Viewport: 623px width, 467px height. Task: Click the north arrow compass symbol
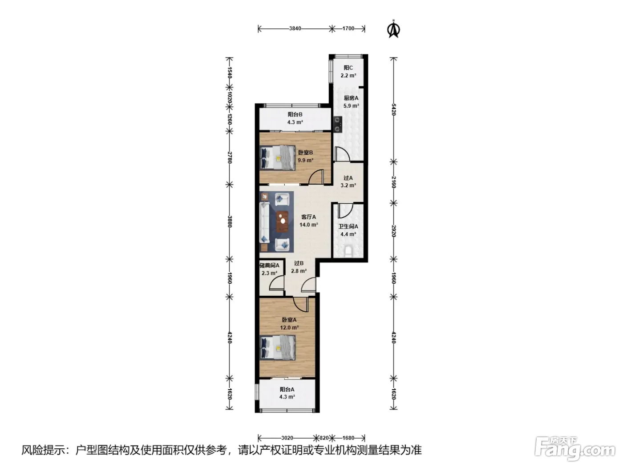393,29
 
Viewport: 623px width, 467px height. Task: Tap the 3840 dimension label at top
295,28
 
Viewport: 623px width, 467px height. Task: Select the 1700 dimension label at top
348,28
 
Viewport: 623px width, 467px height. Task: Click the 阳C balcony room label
348,68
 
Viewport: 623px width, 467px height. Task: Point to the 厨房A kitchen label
351,98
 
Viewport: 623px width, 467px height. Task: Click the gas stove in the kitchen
337,125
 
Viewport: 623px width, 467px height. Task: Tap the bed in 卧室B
278,157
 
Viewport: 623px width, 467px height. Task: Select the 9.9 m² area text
305,160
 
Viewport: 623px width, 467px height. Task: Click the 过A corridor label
348,178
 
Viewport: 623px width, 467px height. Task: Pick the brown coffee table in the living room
282,221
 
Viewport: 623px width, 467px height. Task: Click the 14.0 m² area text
308,225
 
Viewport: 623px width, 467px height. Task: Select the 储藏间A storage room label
269,266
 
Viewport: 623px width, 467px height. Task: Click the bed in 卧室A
278,348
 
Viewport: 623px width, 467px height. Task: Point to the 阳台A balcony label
287,390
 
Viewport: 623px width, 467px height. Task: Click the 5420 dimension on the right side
393,109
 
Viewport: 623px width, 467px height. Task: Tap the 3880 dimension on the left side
230,222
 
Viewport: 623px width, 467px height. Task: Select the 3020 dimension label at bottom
287,438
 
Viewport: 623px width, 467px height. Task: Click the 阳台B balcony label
295,115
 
